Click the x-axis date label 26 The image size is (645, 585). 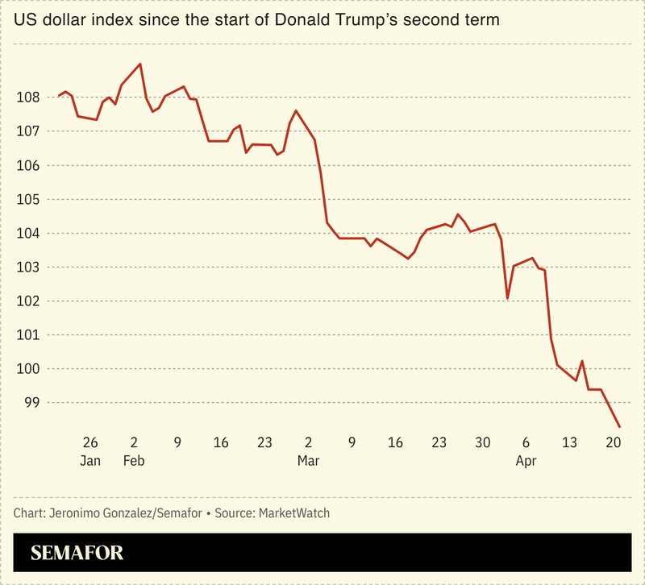click(x=90, y=442)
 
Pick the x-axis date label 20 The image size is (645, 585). click(x=613, y=442)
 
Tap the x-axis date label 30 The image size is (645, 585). click(x=482, y=442)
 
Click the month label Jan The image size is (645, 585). click(x=90, y=461)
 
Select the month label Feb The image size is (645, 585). click(x=134, y=461)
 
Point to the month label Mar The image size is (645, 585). click(x=308, y=461)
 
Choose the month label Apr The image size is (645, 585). click(x=526, y=461)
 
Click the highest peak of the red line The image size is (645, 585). click(x=141, y=64)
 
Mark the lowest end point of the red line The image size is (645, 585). click(x=619, y=427)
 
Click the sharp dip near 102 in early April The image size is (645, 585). click(x=507, y=299)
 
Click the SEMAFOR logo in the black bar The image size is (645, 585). click(x=77, y=554)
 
